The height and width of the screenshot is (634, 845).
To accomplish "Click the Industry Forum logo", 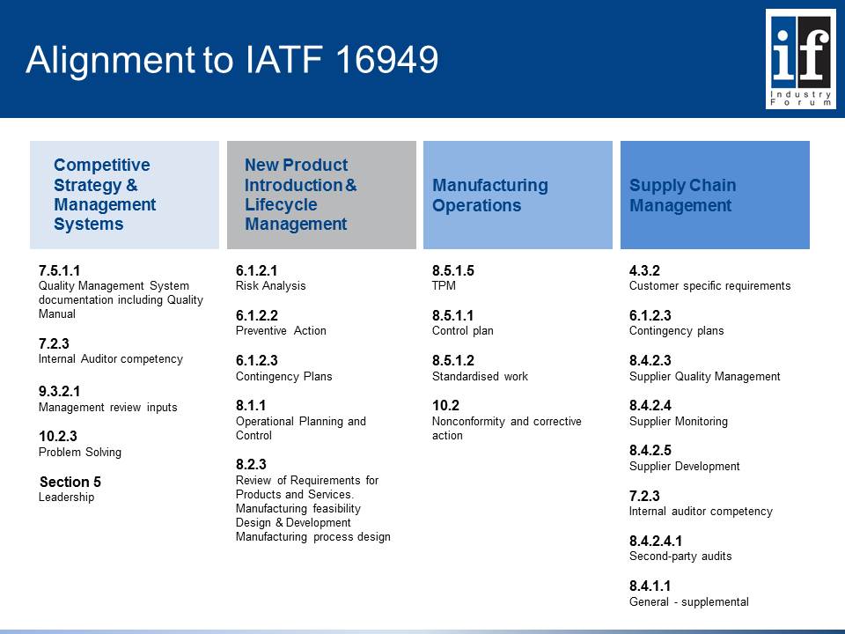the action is click(801, 59).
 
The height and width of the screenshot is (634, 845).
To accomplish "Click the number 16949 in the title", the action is click(387, 59).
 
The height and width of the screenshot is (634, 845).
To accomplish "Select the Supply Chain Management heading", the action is click(682, 195).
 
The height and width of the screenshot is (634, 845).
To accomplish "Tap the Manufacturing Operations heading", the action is click(490, 195).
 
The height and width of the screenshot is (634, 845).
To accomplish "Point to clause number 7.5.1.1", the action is click(59, 270).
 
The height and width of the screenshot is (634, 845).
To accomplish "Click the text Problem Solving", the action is click(80, 453).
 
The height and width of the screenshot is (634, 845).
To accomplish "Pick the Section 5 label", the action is click(70, 482).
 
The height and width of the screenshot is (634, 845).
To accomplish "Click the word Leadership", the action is click(66, 497).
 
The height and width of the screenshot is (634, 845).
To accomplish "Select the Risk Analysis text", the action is click(270, 285).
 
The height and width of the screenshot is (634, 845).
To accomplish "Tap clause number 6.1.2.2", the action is click(257, 315).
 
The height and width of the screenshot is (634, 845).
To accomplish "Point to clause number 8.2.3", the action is click(251, 464).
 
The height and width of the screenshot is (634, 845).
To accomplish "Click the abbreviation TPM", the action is click(444, 285).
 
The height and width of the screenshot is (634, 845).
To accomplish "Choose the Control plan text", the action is click(462, 330).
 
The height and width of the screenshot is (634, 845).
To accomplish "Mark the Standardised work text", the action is click(480, 376).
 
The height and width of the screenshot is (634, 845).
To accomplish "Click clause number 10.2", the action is click(445, 405).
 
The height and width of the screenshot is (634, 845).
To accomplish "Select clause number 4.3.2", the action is click(644, 270).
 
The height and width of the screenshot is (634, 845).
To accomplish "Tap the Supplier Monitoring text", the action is click(679, 422).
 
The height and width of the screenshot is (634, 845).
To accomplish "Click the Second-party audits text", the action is click(680, 557).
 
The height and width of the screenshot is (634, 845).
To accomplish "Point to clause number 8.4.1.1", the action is click(650, 586).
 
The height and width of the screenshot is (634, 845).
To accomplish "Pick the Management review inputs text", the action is click(107, 408).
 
